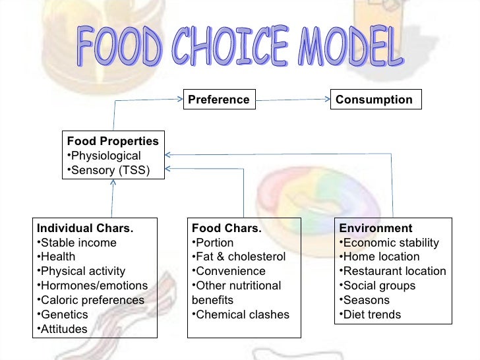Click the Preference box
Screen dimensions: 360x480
click(219, 100)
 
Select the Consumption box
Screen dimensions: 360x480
click(375, 100)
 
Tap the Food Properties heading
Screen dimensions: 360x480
click(113, 141)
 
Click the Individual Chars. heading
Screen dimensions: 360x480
click(85, 228)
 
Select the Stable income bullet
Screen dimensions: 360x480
click(78, 243)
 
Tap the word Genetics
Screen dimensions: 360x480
click(64, 315)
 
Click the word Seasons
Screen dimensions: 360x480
click(367, 300)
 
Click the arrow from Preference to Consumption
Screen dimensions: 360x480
click(293, 100)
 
